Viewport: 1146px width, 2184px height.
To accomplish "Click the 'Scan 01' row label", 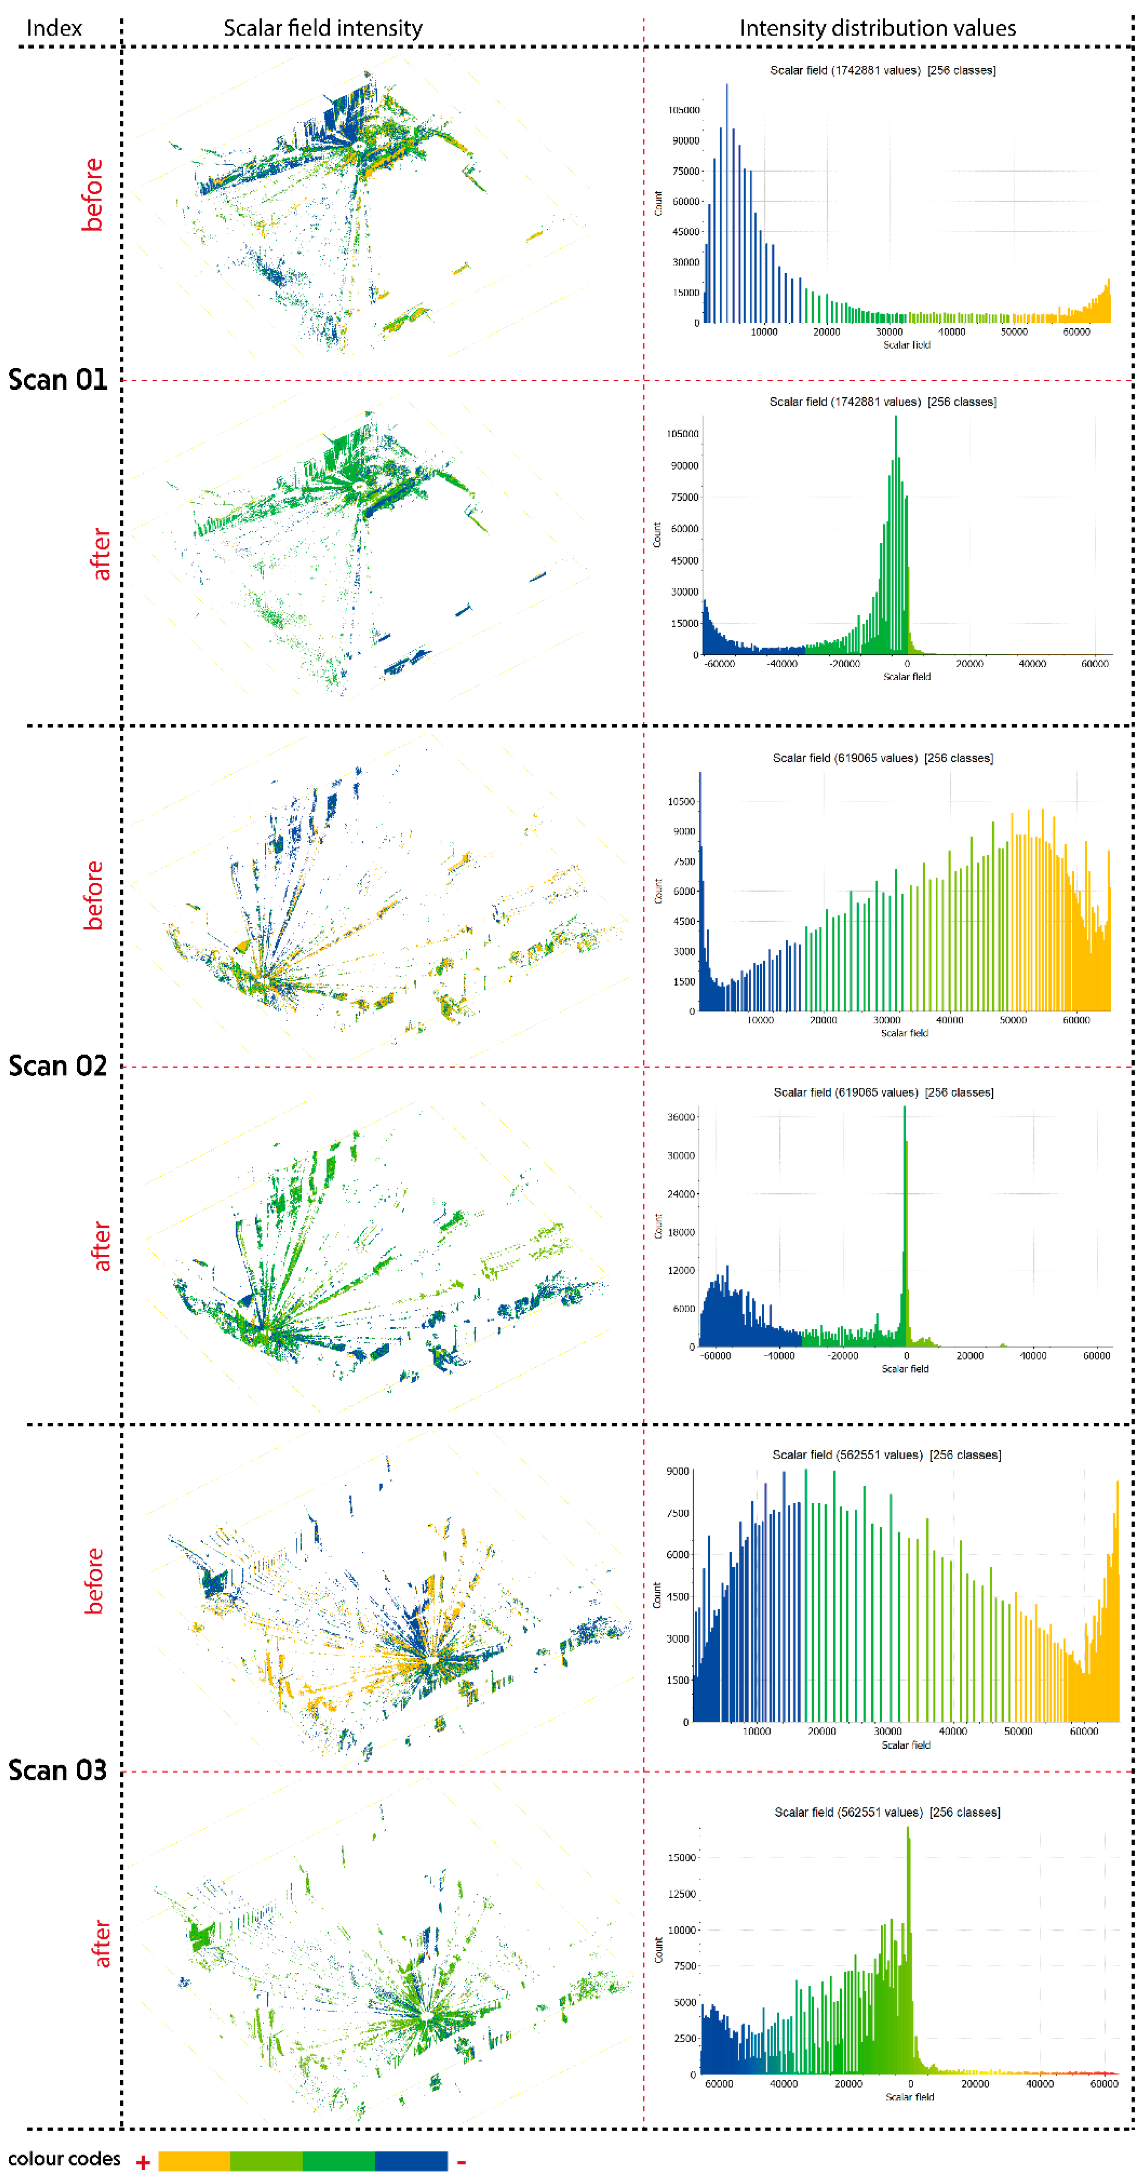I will (x=57, y=379).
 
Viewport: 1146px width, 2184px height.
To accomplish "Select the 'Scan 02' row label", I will (x=57, y=1066).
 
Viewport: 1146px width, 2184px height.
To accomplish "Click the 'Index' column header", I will (x=54, y=28).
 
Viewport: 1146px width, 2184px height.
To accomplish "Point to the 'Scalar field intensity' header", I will (x=323, y=28).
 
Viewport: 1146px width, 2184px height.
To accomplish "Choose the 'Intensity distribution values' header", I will (x=877, y=28).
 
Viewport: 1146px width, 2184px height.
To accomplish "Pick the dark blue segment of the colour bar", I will (x=411, y=2160).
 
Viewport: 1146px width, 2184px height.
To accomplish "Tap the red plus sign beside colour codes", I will (x=143, y=2163).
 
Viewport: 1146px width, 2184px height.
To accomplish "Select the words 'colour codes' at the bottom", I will (x=65, y=2159).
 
